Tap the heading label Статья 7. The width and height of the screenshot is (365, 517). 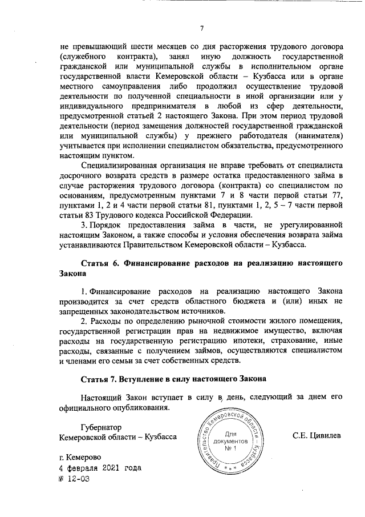tap(102, 379)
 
